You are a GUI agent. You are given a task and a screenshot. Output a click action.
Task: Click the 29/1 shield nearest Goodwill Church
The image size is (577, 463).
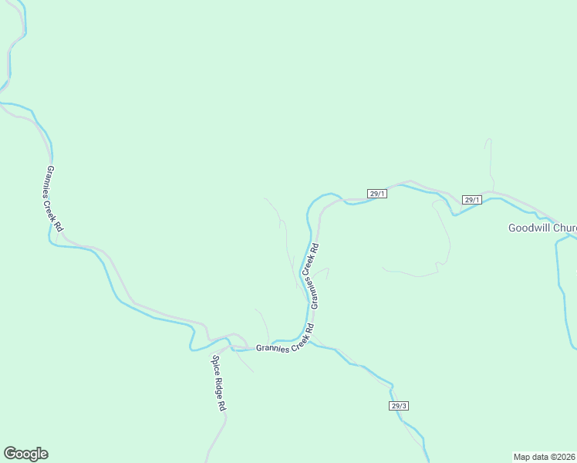click(472, 200)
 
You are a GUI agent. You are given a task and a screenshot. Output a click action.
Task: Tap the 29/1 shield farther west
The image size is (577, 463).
click(377, 194)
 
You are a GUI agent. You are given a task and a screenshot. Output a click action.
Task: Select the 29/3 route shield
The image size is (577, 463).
click(398, 405)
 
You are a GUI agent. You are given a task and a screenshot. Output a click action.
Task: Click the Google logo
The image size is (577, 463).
click(25, 454)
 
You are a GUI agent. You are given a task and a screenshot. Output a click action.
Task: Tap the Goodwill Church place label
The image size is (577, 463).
click(542, 228)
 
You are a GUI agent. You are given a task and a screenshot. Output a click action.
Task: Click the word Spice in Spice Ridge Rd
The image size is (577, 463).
click(214, 363)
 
